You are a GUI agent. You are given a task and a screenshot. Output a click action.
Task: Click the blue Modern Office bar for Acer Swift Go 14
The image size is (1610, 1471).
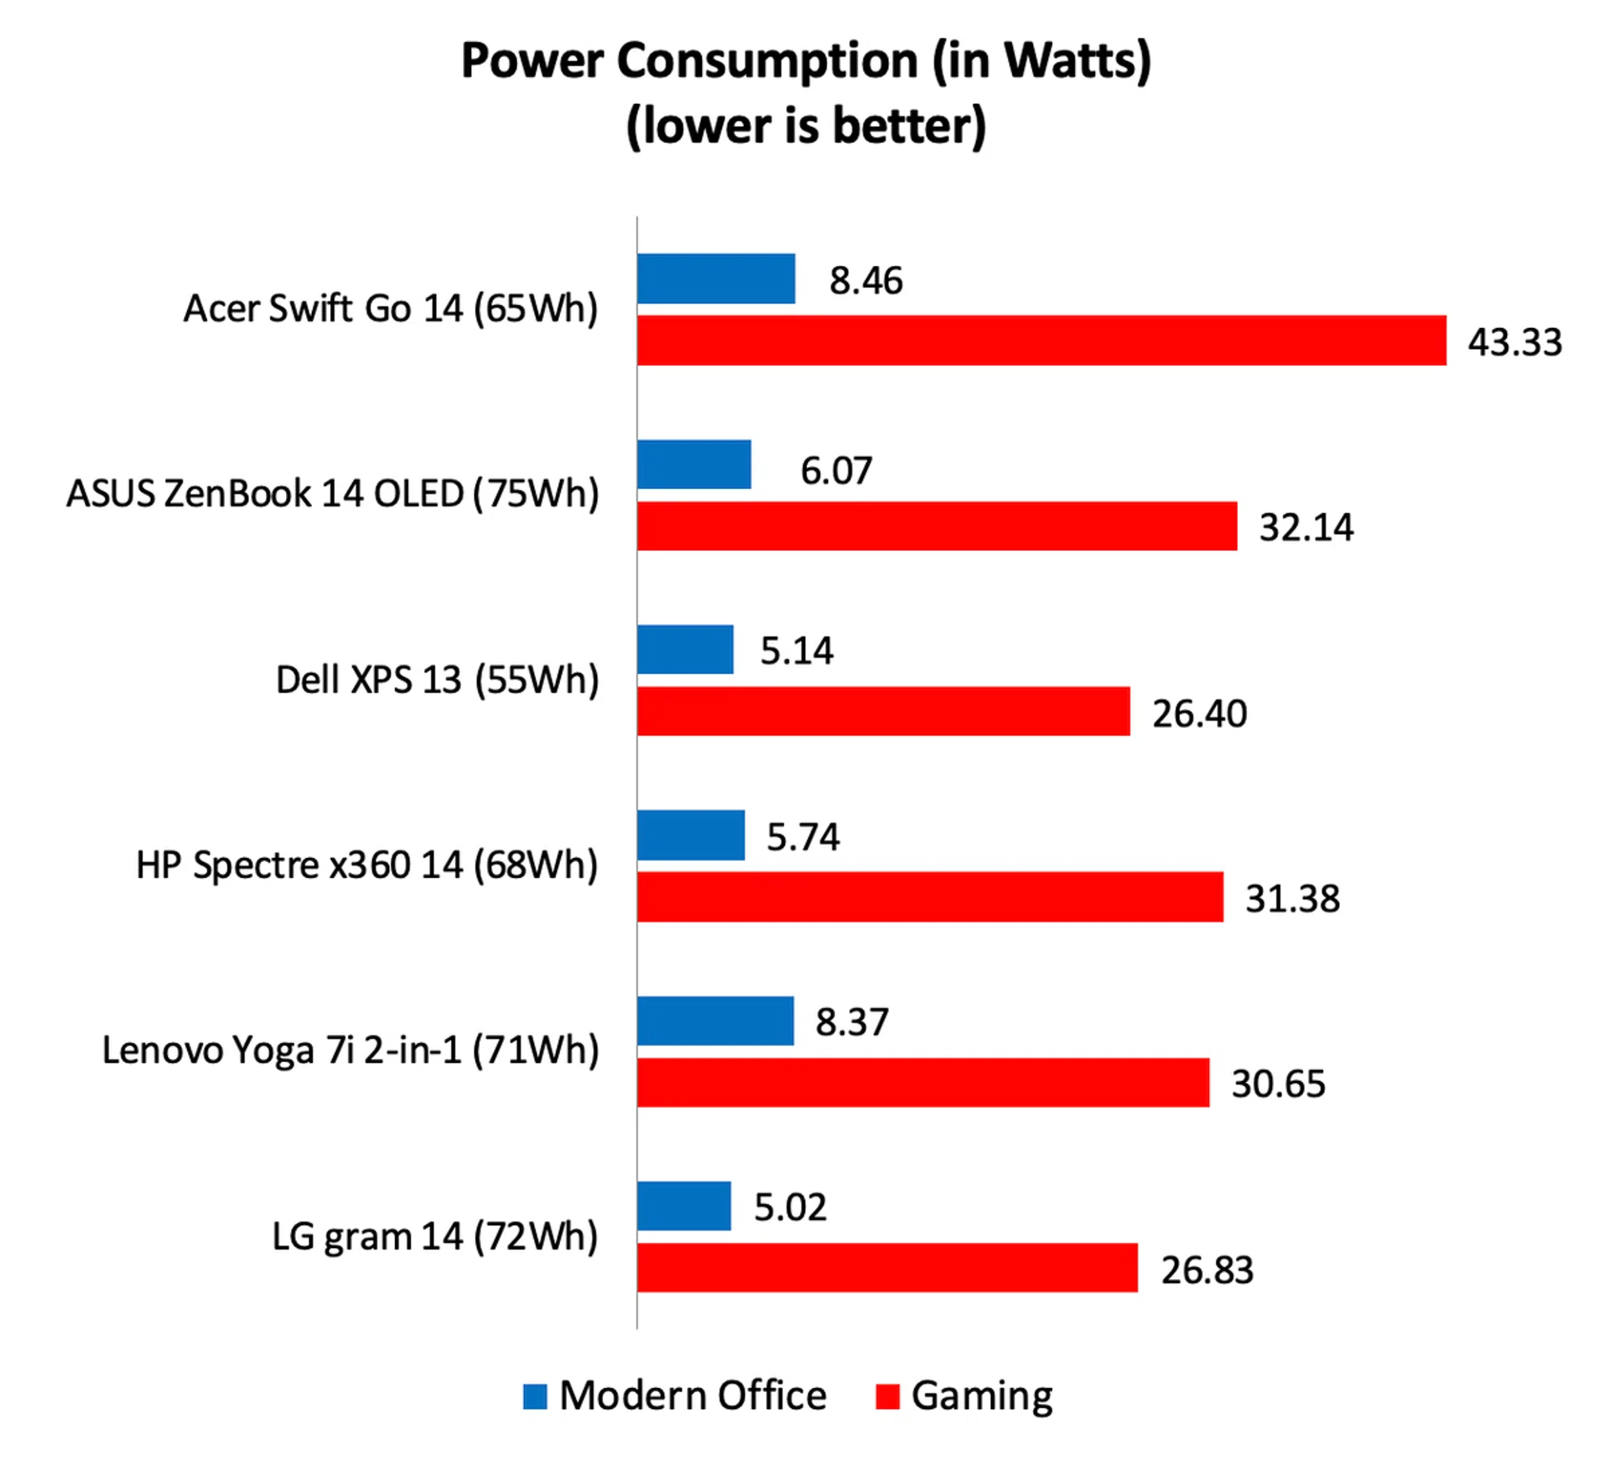click(715, 278)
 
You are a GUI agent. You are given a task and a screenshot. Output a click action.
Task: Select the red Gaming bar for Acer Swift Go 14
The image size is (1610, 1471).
click(1041, 340)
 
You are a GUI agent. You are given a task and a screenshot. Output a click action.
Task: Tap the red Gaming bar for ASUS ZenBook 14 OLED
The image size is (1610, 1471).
click(936, 526)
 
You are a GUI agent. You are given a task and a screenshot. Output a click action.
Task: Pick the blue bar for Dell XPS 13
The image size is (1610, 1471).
click(684, 649)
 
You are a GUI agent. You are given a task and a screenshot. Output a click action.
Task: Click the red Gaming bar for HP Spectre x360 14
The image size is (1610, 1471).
click(929, 897)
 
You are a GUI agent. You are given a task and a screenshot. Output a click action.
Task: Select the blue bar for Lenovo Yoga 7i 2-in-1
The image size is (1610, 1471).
click(714, 1021)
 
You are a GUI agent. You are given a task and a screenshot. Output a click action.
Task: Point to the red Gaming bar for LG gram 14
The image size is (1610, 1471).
click(886, 1267)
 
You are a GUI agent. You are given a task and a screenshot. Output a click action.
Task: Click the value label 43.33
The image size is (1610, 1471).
click(1514, 342)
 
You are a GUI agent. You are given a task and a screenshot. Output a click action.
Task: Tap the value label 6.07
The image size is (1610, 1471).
click(836, 470)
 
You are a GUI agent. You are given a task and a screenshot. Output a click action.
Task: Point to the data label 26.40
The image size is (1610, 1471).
click(1199, 714)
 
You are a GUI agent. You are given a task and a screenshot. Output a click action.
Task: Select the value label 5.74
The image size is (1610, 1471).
click(802, 837)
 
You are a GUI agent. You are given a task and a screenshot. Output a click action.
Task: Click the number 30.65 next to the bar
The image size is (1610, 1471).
click(1278, 1084)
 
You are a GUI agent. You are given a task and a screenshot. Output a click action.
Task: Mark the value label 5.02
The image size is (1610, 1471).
click(790, 1208)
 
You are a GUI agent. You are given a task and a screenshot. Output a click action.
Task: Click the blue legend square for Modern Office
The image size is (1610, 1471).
click(535, 1396)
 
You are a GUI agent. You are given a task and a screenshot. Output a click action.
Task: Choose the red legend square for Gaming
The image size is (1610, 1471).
click(886, 1396)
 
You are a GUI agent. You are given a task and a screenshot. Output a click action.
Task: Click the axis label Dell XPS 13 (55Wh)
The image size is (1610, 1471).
click(437, 680)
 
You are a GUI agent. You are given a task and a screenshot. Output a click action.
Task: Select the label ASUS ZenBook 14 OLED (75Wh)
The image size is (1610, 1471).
click(333, 494)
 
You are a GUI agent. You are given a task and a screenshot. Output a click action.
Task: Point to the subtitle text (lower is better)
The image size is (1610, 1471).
click(805, 126)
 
